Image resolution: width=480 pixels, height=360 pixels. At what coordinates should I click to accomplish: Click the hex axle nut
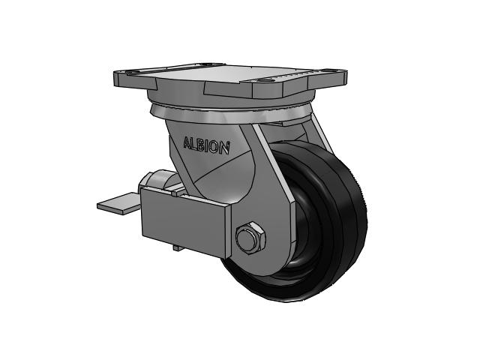point(251,237)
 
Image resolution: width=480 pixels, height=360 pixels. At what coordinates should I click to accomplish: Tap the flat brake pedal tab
point(118,203)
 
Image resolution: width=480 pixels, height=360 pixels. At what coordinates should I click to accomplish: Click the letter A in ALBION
point(187,143)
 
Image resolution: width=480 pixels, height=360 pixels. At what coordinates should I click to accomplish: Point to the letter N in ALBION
point(225,148)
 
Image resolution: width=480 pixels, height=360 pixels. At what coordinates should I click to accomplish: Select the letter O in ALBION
point(215,147)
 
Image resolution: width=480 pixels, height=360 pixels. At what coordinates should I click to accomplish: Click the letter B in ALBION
point(200,145)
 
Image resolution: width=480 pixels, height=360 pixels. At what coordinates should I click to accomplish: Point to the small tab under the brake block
point(178,247)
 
